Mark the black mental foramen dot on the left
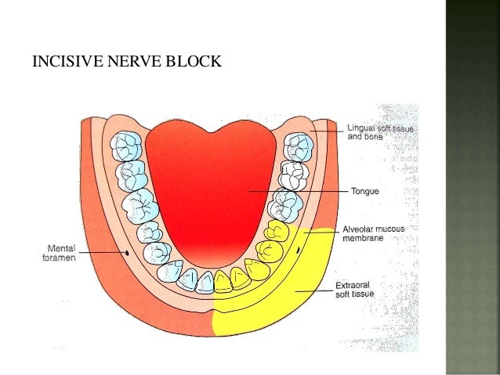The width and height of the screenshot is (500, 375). tap(128, 254)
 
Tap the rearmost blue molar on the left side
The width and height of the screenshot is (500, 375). tap(125, 145)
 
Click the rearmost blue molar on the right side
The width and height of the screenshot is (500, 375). tap(298, 145)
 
